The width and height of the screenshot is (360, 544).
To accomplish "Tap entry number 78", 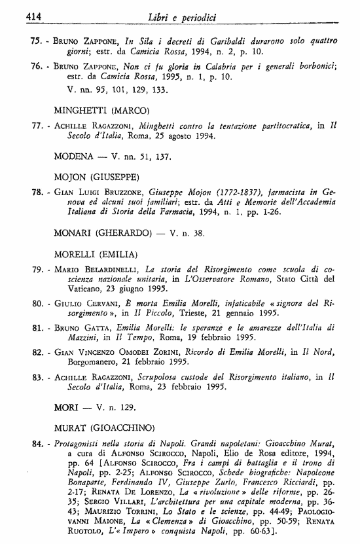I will [37, 194].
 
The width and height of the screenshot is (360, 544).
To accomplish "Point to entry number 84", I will [37, 445].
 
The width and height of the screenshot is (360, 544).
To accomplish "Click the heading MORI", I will [67, 408].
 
